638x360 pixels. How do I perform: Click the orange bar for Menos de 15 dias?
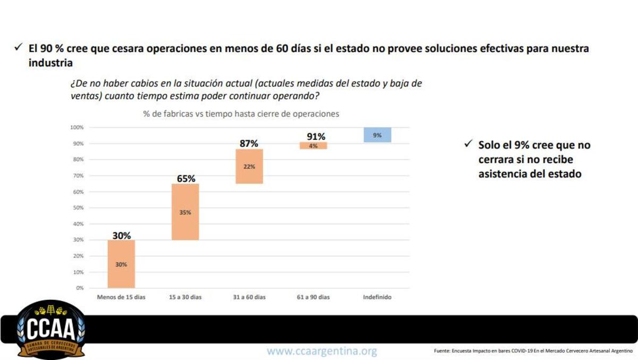point(121,264)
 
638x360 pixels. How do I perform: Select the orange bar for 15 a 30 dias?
point(185,212)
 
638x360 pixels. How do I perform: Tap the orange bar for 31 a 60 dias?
point(249,166)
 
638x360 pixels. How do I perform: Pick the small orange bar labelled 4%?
point(313,146)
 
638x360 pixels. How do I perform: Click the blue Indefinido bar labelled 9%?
point(377,135)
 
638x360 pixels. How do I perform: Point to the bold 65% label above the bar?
point(186,179)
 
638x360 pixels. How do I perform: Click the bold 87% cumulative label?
point(249,144)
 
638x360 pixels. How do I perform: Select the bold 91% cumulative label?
point(316,137)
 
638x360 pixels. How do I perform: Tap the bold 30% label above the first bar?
point(121,235)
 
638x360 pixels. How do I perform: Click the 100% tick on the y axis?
point(77,128)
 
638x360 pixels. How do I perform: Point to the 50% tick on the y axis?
point(78,208)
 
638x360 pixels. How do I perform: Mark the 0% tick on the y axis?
point(79,288)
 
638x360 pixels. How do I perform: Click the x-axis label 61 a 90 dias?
point(313,297)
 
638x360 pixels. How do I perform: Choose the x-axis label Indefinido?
point(377,297)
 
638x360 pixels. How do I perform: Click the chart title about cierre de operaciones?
point(241,114)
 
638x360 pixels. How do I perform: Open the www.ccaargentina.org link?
point(322,351)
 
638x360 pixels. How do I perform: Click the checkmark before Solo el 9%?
point(468,144)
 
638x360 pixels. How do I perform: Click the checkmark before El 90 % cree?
point(18,48)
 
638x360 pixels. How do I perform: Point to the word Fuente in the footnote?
point(442,351)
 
